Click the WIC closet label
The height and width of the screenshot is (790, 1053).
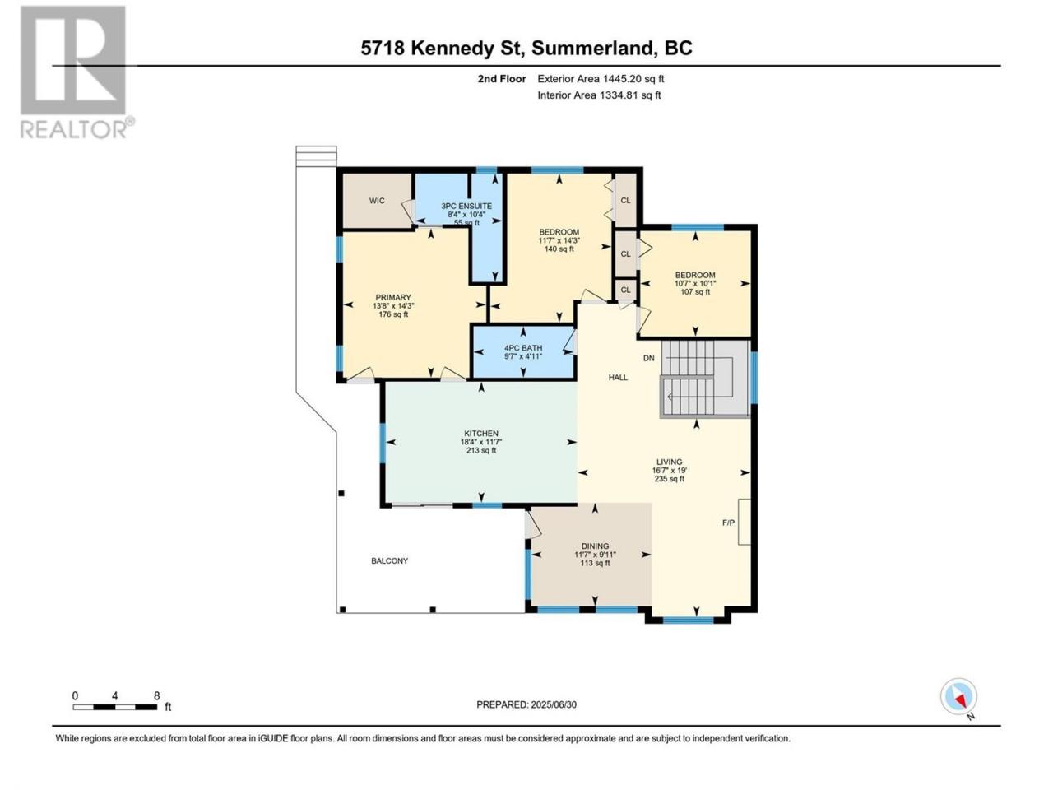(377, 201)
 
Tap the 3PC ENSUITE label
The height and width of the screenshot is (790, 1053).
(466, 206)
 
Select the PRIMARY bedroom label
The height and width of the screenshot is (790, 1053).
(393, 297)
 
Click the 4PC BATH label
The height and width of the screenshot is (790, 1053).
(523, 348)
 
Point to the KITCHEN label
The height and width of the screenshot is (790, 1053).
(480, 433)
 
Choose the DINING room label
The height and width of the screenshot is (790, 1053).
(595, 546)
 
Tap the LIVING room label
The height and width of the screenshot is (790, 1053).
(669, 462)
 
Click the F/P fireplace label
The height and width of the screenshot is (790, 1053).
(728, 523)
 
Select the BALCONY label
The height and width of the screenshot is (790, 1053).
(390, 560)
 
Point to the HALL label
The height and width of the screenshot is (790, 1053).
(618, 378)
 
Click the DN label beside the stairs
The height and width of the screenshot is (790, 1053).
(648, 358)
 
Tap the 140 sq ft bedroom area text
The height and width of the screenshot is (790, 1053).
(559, 249)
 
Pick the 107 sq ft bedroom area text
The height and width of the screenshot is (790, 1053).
(695, 291)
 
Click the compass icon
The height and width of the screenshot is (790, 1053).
(958, 696)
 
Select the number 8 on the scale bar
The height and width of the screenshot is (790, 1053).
(156, 695)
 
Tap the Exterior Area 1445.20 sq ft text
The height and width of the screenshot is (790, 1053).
(601, 79)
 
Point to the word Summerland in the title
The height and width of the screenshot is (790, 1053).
(592, 49)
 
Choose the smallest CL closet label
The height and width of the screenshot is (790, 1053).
(625, 290)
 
